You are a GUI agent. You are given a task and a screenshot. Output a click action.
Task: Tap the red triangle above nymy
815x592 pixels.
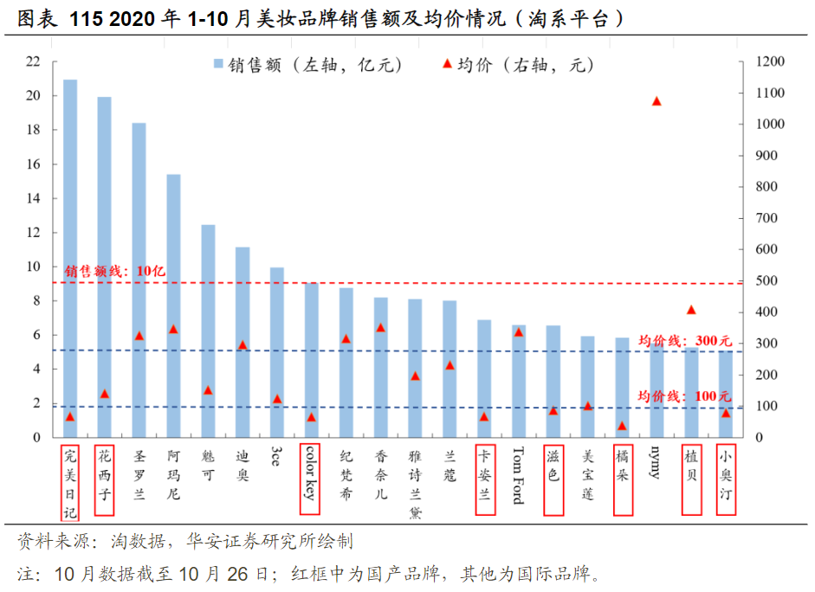tap(657, 101)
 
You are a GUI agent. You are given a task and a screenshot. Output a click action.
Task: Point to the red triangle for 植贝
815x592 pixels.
tap(691, 310)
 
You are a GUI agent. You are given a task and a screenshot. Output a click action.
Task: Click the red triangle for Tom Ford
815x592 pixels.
tap(519, 332)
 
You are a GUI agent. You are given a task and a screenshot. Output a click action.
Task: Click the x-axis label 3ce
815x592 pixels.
tap(276, 456)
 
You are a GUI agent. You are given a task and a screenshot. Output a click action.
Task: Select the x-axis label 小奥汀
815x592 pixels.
tap(725, 479)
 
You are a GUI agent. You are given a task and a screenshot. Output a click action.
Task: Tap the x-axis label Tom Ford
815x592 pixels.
tap(519, 475)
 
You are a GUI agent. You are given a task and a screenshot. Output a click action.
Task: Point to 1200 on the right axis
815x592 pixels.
tap(769, 61)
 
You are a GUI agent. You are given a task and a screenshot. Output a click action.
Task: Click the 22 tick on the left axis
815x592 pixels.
tap(33, 61)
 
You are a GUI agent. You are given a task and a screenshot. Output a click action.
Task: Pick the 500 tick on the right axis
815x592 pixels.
tap(766, 280)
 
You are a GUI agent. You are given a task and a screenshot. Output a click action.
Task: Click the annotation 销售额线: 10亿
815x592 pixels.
tap(115, 271)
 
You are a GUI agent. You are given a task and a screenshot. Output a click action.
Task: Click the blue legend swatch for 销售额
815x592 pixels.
tap(218, 64)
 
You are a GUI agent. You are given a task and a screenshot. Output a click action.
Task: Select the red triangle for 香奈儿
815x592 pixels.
tap(380, 328)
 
